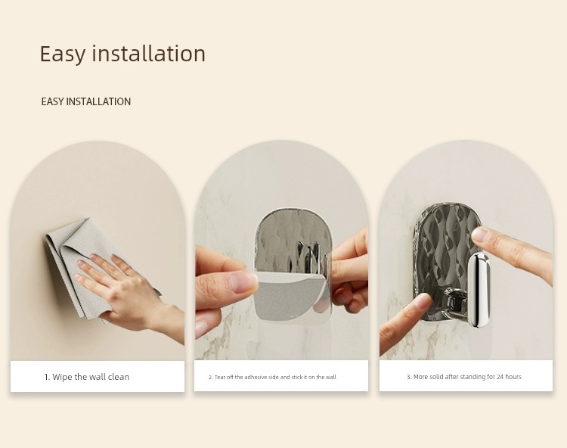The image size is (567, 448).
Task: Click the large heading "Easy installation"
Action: pos(122,54)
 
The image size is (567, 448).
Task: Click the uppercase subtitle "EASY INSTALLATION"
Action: pos(86,101)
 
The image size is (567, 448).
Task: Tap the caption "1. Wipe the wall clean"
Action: pos(87,377)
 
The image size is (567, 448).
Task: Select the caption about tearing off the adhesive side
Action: pos(272,377)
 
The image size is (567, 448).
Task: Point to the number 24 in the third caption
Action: pos(500,377)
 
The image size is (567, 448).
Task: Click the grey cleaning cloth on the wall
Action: pos(87,266)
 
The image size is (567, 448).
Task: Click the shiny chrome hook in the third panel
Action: pos(479,290)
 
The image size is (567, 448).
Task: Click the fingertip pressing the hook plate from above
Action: pos(481,235)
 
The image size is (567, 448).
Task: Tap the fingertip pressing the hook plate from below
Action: pos(421,301)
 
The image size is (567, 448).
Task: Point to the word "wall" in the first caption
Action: pos(98,377)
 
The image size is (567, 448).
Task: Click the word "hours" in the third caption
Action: pos(513,377)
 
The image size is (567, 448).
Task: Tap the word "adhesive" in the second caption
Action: pos(256,377)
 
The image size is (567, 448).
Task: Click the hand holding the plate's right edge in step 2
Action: pos(349,272)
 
